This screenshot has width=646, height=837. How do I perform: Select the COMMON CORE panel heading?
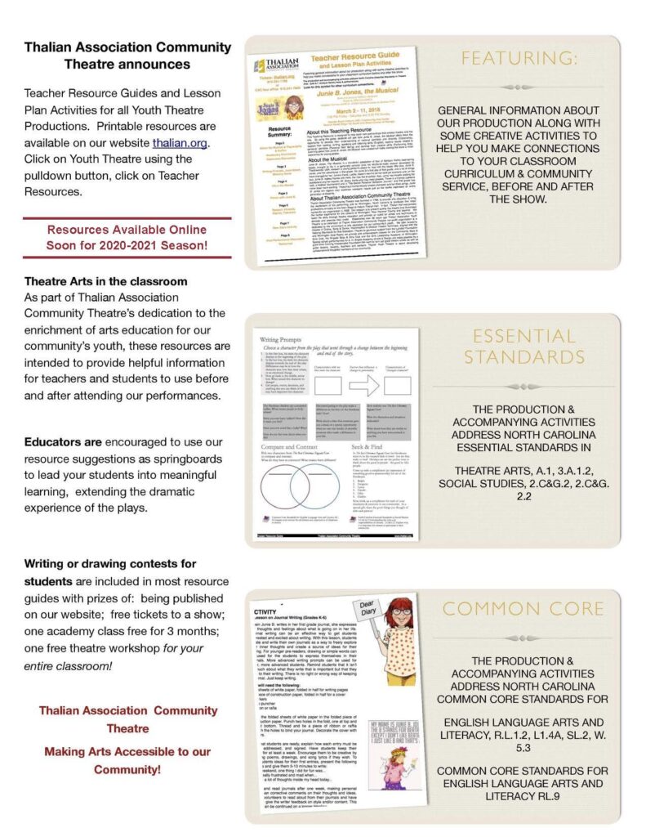pyautogui.click(x=523, y=608)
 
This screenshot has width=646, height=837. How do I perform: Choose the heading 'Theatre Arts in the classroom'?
pyautogui.click(x=106, y=281)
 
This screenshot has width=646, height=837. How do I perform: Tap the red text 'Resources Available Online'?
pyautogui.click(x=127, y=230)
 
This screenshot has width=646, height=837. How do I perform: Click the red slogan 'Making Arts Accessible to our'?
pyautogui.click(x=127, y=751)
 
